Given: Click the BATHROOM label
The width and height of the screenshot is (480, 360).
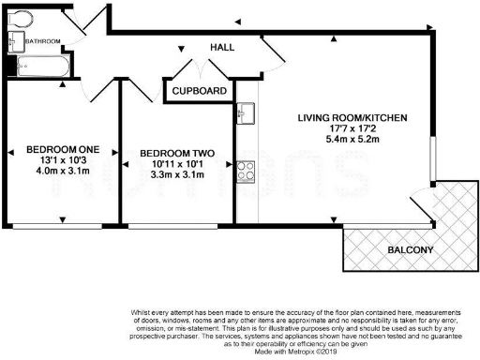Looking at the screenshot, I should click(x=43, y=42).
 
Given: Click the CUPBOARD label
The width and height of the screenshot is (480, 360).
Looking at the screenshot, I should click(x=199, y=90).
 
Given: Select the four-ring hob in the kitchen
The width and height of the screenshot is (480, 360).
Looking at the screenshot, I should click(x=247, y=171).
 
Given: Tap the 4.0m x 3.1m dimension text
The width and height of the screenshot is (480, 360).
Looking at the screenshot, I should click(x=61, y=172).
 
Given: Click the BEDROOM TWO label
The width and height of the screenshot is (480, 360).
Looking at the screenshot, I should click(x=176, y=153).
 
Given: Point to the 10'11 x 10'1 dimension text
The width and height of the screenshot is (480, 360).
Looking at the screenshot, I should click(x=177, y=165).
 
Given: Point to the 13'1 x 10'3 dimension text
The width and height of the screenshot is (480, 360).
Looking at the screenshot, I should click(x=61, y=160).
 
